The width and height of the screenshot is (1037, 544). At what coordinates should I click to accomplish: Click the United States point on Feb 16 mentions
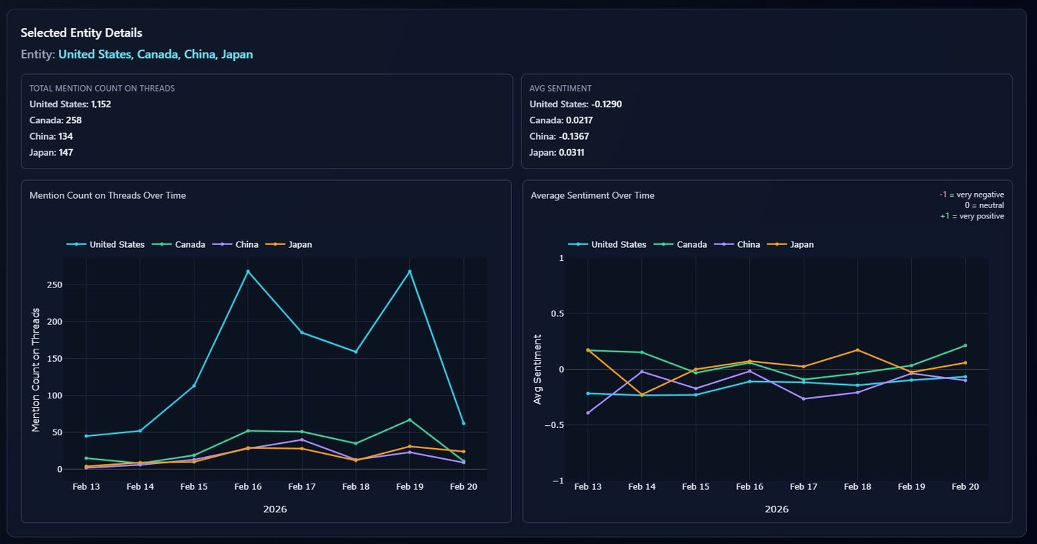click(x=248, y=272)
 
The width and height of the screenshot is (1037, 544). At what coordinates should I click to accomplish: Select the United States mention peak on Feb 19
click(x=410, y=272)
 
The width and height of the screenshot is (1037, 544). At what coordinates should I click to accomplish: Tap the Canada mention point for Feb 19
click(x=410, y=420)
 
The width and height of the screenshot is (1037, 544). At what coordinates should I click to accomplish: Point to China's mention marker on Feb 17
click(x=302, y=440)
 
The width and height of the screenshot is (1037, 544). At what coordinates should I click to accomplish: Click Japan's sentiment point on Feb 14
click(x=642, y=395)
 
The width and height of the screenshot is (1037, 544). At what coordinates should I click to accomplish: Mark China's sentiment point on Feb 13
click(x=588, y=413)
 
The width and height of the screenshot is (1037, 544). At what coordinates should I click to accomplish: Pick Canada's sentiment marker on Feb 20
click(x=965, y=345)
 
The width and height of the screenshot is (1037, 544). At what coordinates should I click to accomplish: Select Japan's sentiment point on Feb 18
click(x=857, y=350)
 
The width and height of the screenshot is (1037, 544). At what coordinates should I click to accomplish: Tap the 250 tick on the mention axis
click(x=50, y=285)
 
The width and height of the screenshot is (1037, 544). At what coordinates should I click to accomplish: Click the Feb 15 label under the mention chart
click(x=194, y=487)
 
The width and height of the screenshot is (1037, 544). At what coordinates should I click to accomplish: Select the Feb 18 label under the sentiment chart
click(x=857, y=487)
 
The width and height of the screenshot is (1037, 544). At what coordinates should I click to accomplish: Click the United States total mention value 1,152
click(x=101, y=104)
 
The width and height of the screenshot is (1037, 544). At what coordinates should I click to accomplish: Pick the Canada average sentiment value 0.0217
click(x=579, y=120)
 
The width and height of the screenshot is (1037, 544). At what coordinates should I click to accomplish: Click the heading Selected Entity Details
click(x=81, y=33)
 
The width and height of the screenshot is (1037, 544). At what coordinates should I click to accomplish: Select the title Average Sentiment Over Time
click(x=593, y=195)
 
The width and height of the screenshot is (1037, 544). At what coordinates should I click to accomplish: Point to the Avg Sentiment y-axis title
click(x=538, y=368)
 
